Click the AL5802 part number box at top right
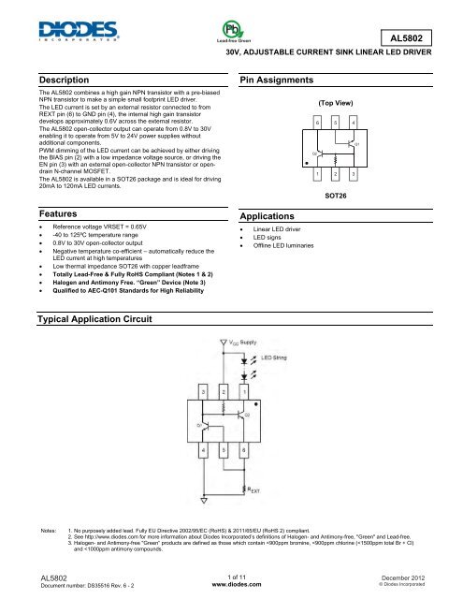(x=418, y=37)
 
